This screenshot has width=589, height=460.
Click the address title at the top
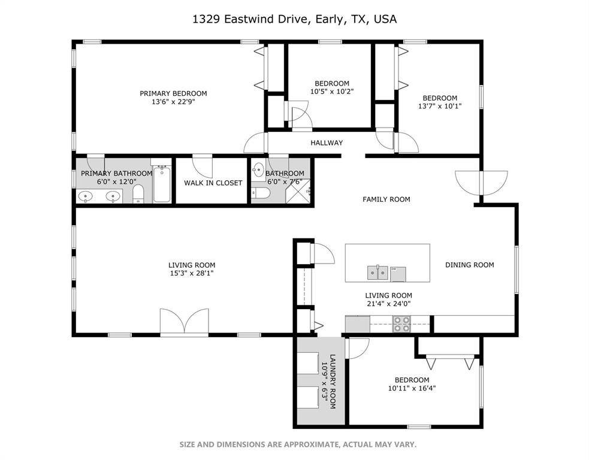[294, 19]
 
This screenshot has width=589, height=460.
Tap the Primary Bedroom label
[173, 93]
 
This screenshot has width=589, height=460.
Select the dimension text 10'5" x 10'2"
[332, 92]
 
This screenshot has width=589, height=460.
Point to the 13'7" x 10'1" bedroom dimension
[440, 106]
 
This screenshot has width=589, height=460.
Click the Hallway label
[327, 143]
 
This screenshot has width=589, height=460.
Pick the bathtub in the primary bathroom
[162, 185]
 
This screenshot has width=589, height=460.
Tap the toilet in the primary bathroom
[138, 194]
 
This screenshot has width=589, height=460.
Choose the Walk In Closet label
[213, 183]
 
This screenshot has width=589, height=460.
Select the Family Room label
[386, 199]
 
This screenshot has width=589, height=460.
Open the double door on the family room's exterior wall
[477, 183]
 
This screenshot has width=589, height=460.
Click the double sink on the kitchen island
[378, 273]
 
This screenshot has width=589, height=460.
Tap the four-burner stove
[401, 324]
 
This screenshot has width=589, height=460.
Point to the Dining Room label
[469, 265]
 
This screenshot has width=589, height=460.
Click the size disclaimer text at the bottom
[298, 444]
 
